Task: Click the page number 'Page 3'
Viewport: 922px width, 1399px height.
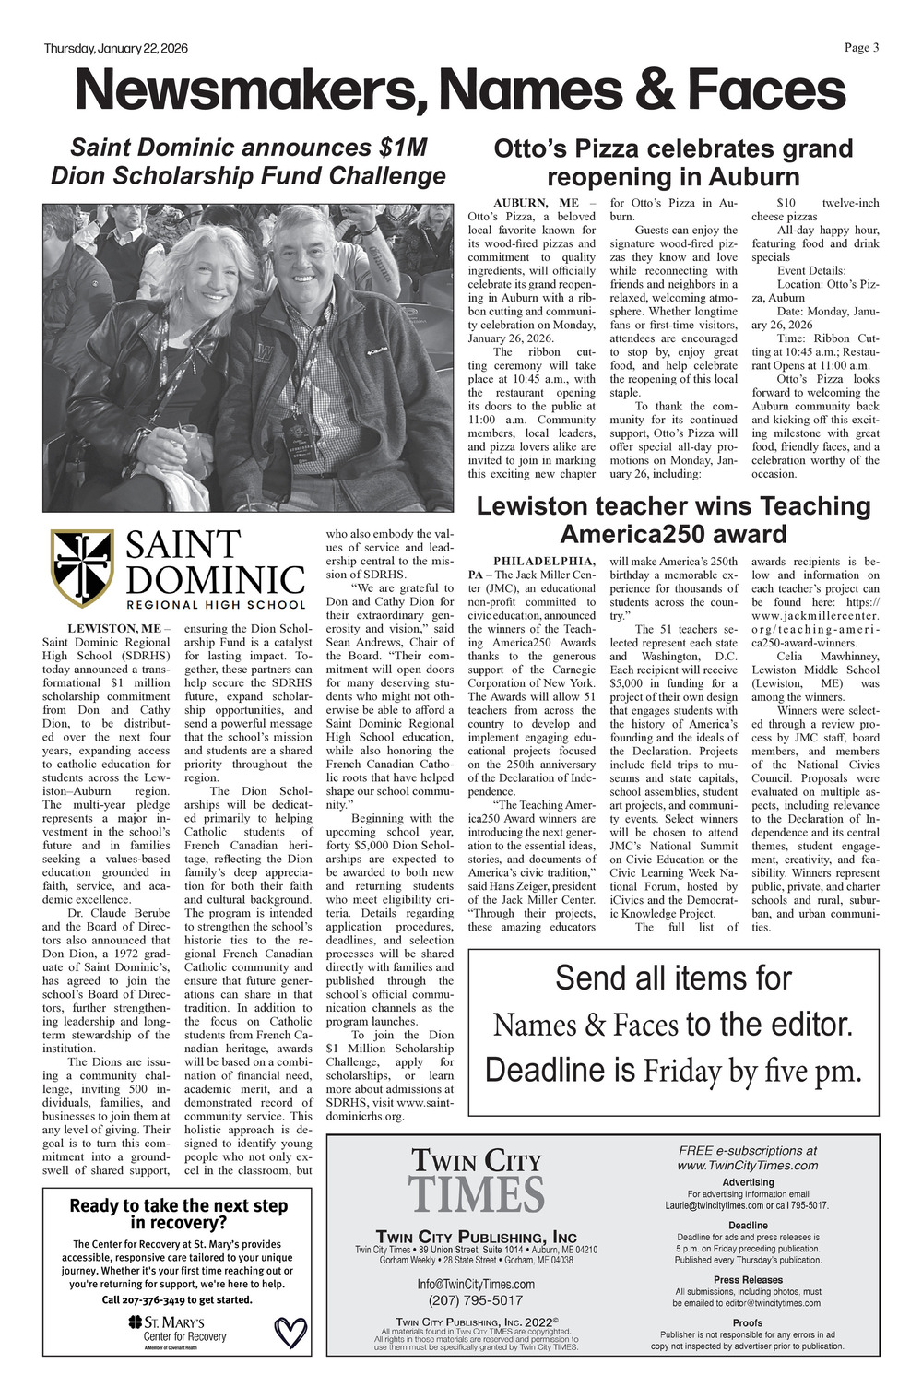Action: tap(861, 48)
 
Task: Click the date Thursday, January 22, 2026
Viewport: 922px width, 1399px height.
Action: tap(115, 48)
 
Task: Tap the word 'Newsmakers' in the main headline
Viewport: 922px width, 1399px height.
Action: tap(252, 91)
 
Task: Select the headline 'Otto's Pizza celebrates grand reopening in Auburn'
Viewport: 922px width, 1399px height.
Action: tap(673, 162)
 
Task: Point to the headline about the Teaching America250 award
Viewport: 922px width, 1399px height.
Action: tap(673, 519)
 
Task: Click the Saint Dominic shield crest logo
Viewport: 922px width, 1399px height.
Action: tap(82, 568)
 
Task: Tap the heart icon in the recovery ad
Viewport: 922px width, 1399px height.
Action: tap(290, 1332)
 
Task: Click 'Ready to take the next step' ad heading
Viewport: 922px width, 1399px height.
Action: tap(179, 1206)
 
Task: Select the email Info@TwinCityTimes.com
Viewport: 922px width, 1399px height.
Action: tap(476, 1284)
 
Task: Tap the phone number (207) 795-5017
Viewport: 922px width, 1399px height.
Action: tap(476, 1300)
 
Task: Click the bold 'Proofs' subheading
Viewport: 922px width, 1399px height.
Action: tap(748, 1322)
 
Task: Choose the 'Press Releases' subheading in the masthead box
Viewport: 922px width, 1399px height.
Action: tap(748, 1279)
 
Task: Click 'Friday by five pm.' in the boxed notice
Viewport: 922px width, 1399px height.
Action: tap(751, 1072)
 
